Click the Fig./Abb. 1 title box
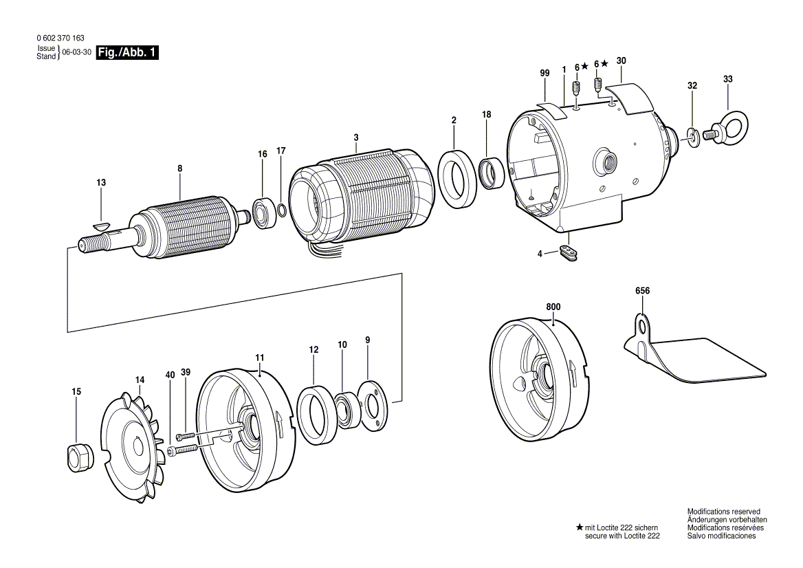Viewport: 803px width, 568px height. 127,52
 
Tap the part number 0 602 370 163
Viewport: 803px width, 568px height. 60,38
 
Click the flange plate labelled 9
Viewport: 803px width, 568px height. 373,404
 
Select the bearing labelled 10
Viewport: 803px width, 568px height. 349,409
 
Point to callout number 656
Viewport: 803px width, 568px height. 642,291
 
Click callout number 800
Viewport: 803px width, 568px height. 553,307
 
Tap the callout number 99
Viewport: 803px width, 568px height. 545,74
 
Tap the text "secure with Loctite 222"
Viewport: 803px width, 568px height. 622,536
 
